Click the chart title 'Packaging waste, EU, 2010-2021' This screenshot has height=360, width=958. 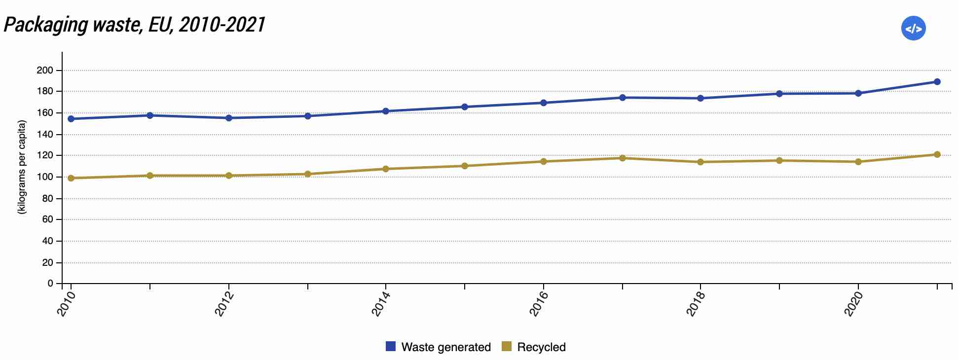click(x=134, y=25)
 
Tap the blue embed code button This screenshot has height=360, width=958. click(x=913, y=29)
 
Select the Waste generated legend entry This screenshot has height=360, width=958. click(x=438, y=347)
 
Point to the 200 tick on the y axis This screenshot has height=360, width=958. click(x=45, y=71)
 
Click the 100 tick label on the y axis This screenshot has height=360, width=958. click(x=45, y=177)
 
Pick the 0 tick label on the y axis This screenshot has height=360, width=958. click(x=50, y=284)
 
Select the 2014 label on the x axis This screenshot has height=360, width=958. click(x=380, y=303)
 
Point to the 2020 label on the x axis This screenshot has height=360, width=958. click(x=852, y=303)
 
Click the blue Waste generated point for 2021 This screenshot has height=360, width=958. click(x=937, y=82)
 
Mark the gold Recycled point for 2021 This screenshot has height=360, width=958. click(x=937, y=154)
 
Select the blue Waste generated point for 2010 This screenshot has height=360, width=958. click(x=71, y=119)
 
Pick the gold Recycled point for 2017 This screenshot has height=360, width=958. click(x=622, y=158)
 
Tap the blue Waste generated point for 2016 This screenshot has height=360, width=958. click(x=543, y=103)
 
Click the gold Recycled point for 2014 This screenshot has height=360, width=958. click(x=386, y=169)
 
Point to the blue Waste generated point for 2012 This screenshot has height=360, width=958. click(x=229, y=118)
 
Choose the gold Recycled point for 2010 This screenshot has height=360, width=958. click(x=71, y=178)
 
